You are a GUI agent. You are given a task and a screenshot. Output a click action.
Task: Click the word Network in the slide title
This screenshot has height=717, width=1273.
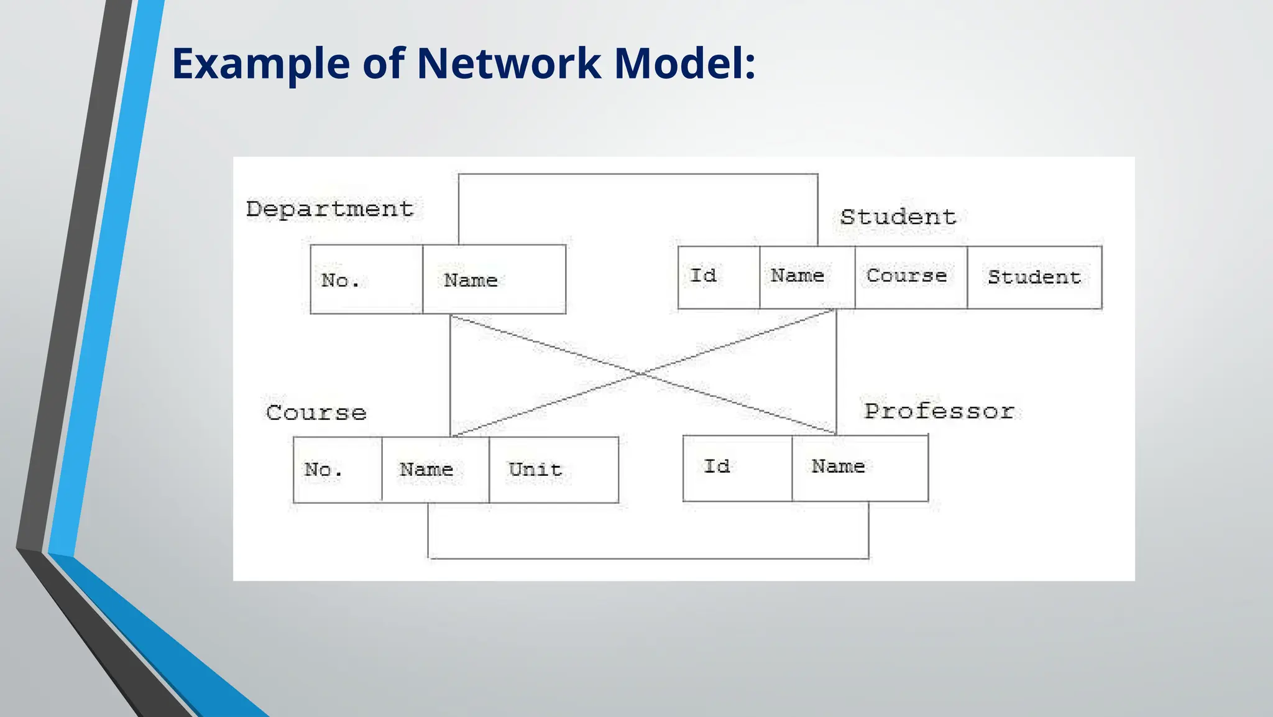(x=508, y=63)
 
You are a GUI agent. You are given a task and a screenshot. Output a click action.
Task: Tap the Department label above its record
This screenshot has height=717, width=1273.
(x=329, y=210)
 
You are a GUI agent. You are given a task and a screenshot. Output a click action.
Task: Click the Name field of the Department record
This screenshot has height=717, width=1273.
(x=494, y=280)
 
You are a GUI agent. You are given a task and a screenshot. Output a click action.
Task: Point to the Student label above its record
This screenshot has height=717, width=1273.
(x=898, y=217)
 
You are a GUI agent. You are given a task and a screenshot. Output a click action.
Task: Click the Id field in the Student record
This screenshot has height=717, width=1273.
(x=719, y=277)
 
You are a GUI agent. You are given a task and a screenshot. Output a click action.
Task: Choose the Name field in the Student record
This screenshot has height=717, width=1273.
(x=807, y=277)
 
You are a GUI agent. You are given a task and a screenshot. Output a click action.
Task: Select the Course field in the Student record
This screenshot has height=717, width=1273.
(x=911, y=277)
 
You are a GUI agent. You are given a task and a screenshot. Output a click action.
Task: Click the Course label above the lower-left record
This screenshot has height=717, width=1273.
(x=316, y=413)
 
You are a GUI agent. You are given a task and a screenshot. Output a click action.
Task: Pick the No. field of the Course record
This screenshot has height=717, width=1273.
(x=338, y=470)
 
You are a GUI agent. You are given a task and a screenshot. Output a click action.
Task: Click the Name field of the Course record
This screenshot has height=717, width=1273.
(x=435, y=470)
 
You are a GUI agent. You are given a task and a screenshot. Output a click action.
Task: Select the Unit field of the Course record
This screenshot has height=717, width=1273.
(x=553, y=470)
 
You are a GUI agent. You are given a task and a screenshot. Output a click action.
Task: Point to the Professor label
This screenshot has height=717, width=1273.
(x=939, y=411)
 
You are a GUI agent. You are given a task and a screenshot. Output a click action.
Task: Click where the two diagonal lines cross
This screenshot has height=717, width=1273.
(x=640, y=374)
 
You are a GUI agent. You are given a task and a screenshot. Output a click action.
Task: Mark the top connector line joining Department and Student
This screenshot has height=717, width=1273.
(x=638, y=174)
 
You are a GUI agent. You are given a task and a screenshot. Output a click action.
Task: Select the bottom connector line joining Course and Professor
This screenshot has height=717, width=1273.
(x=648, y=558)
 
